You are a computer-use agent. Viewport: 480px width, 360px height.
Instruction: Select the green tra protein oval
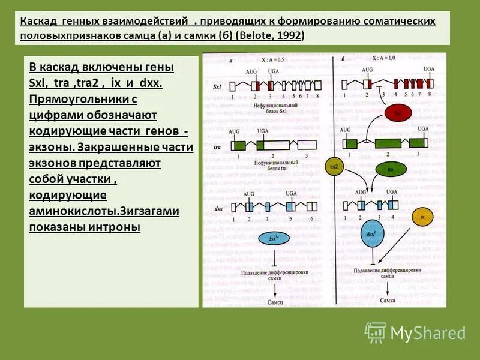(x=390, y=170)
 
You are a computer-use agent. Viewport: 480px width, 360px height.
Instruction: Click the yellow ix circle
(x=422, y=217)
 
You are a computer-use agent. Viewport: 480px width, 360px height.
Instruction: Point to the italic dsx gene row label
(x=218, y=208)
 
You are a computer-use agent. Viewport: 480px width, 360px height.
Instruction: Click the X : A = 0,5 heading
(x=274, y=59)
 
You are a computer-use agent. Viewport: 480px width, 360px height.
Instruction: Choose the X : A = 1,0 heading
(x=384, y=58)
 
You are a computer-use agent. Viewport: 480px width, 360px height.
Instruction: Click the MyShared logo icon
(x=376, y=332)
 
